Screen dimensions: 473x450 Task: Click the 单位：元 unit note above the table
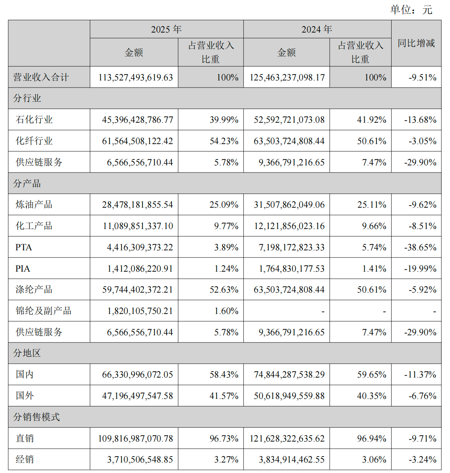pos(411,10)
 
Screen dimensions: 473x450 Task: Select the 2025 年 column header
pos(166,29)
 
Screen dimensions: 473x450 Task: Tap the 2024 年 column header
pos(317,29)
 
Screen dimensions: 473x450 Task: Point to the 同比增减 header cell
pos(416,43)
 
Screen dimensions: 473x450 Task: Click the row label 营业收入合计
pos(41,77)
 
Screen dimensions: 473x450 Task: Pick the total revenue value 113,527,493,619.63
pos(136,77)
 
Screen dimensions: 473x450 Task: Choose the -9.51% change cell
pos(422,77)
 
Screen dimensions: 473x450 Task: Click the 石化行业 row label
pos(34,120)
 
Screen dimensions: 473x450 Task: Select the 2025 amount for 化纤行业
pos(137,141)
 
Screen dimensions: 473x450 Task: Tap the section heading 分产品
pos(27,183)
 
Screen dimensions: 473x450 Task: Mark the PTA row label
pos(24,247)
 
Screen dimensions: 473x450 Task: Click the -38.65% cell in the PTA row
pos(420,247)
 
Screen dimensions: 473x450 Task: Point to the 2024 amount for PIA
pos(292,269)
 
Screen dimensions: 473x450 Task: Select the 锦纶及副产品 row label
pos(43,311)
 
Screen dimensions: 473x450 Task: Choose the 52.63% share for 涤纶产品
pos(224,290)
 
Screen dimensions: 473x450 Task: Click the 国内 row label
pos(25,375)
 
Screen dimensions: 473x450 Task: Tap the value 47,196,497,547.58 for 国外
pos(137,396)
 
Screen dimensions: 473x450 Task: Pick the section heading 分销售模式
pos(36,417)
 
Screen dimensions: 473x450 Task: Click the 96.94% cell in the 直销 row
pos(371,438)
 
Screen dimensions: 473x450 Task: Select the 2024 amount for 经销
pos(292,460)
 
